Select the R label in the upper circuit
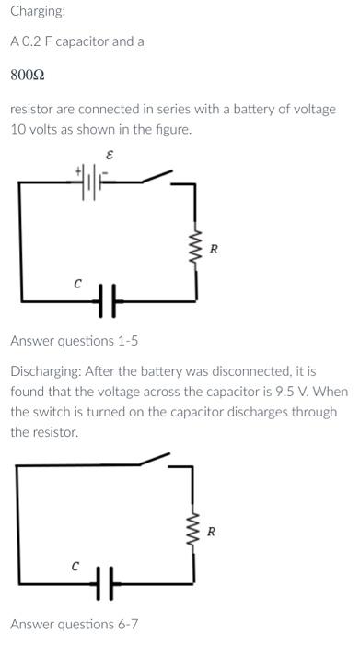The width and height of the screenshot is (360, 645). (x=215, y=249)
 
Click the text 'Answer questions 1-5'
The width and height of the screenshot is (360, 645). (x=75, y=341)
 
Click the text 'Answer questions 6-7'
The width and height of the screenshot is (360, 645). (x=75, y=624)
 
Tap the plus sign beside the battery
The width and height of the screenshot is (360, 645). (x=78, y=170)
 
